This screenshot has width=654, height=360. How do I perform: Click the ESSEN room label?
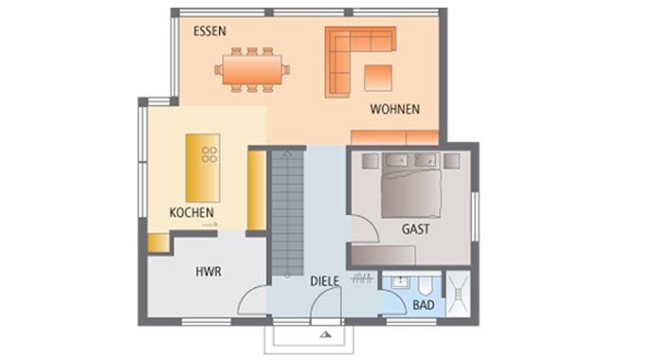209,31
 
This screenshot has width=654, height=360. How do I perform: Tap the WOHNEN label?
394,109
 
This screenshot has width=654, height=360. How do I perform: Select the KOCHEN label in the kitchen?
191,212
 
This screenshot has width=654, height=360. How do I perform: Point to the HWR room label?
209,272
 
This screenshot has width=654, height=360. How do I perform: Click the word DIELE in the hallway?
324,281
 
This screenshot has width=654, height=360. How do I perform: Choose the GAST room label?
415,229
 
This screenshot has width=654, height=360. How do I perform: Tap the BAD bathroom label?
424,305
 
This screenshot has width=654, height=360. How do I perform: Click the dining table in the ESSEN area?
252,69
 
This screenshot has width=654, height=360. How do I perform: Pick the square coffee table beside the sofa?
378,78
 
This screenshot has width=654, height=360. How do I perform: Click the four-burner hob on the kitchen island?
209,154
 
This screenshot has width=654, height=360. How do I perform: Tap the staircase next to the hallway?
287,212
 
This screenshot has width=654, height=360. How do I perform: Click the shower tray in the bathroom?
459,294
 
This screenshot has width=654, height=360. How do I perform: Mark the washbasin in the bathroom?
400,282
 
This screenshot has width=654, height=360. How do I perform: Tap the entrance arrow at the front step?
326,334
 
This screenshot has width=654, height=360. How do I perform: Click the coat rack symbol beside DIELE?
362,279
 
